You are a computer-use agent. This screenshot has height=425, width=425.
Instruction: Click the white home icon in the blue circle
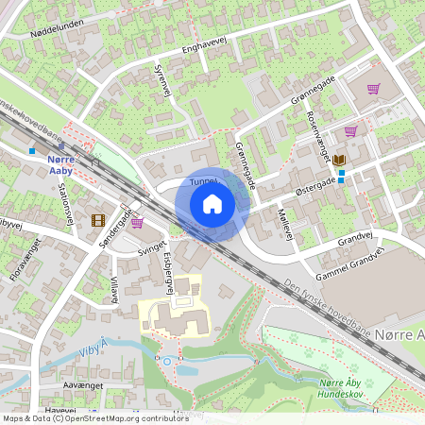pyautogui.click(x=212, y=203)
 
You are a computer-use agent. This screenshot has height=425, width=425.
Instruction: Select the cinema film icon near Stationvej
pyautogui.click(x=98, y=221)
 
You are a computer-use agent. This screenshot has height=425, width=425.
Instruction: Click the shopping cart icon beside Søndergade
pyautogui.click(x=137, y=223)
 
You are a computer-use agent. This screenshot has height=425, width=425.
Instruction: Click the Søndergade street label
pyautogui.click(x=112, y=229)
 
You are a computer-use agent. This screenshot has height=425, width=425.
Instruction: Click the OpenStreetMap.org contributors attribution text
pyautogui.click(x=123, y=417)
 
